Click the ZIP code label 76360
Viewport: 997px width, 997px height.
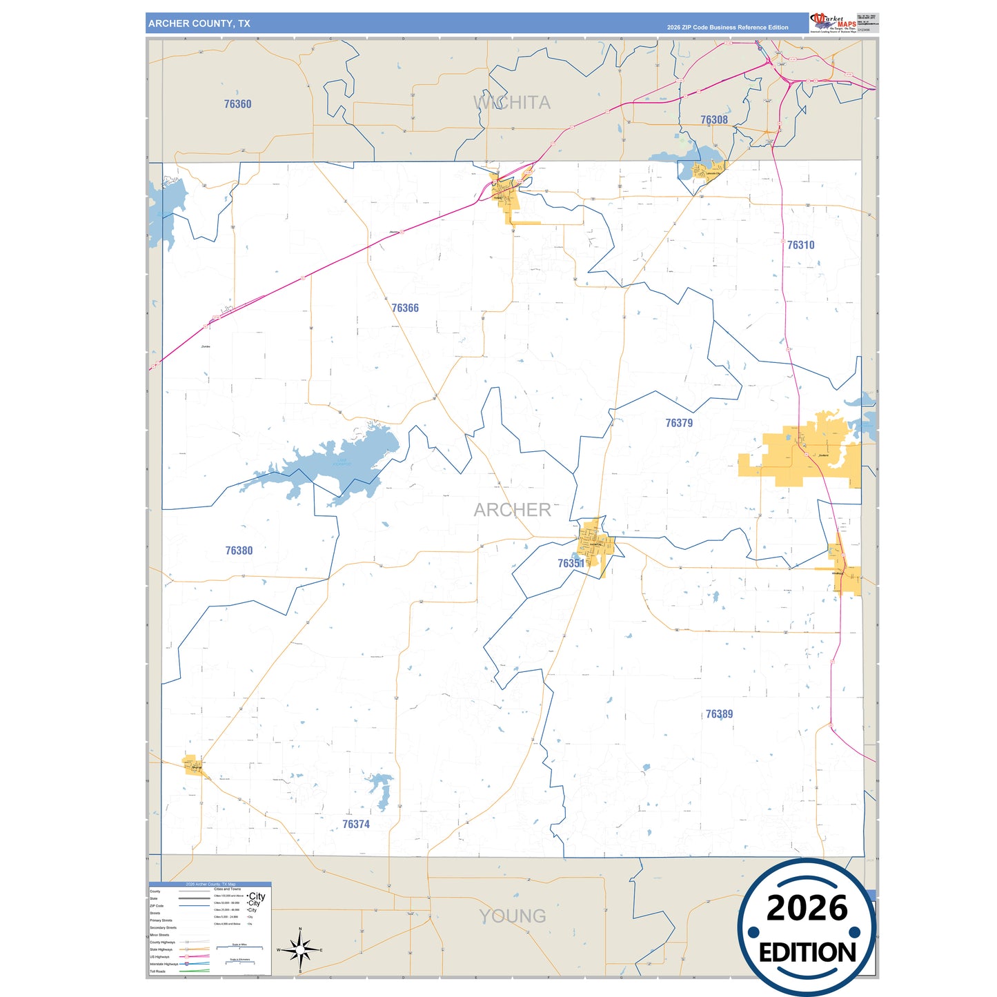237,104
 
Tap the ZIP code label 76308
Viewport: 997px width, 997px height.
713,120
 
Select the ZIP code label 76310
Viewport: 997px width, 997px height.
800,245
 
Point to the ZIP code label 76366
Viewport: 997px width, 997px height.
405,308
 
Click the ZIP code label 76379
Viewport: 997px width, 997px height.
679,423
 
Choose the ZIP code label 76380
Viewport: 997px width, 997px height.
239,551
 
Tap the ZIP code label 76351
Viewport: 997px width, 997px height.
571,564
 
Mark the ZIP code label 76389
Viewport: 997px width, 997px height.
719,714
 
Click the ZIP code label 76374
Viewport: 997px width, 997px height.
356,825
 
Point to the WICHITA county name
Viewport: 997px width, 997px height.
512,103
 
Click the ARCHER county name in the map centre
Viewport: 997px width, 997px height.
512,510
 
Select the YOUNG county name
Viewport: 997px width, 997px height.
512,916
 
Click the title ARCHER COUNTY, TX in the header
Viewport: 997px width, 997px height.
199,23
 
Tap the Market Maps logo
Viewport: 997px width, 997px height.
833,23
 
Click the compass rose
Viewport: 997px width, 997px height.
300,951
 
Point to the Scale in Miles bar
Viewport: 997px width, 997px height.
239,947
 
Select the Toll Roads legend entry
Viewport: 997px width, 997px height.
158,971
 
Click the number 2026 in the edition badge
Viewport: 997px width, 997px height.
807,908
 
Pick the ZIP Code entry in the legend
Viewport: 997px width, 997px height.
157,906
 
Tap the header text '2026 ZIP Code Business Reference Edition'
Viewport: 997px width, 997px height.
727,28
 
